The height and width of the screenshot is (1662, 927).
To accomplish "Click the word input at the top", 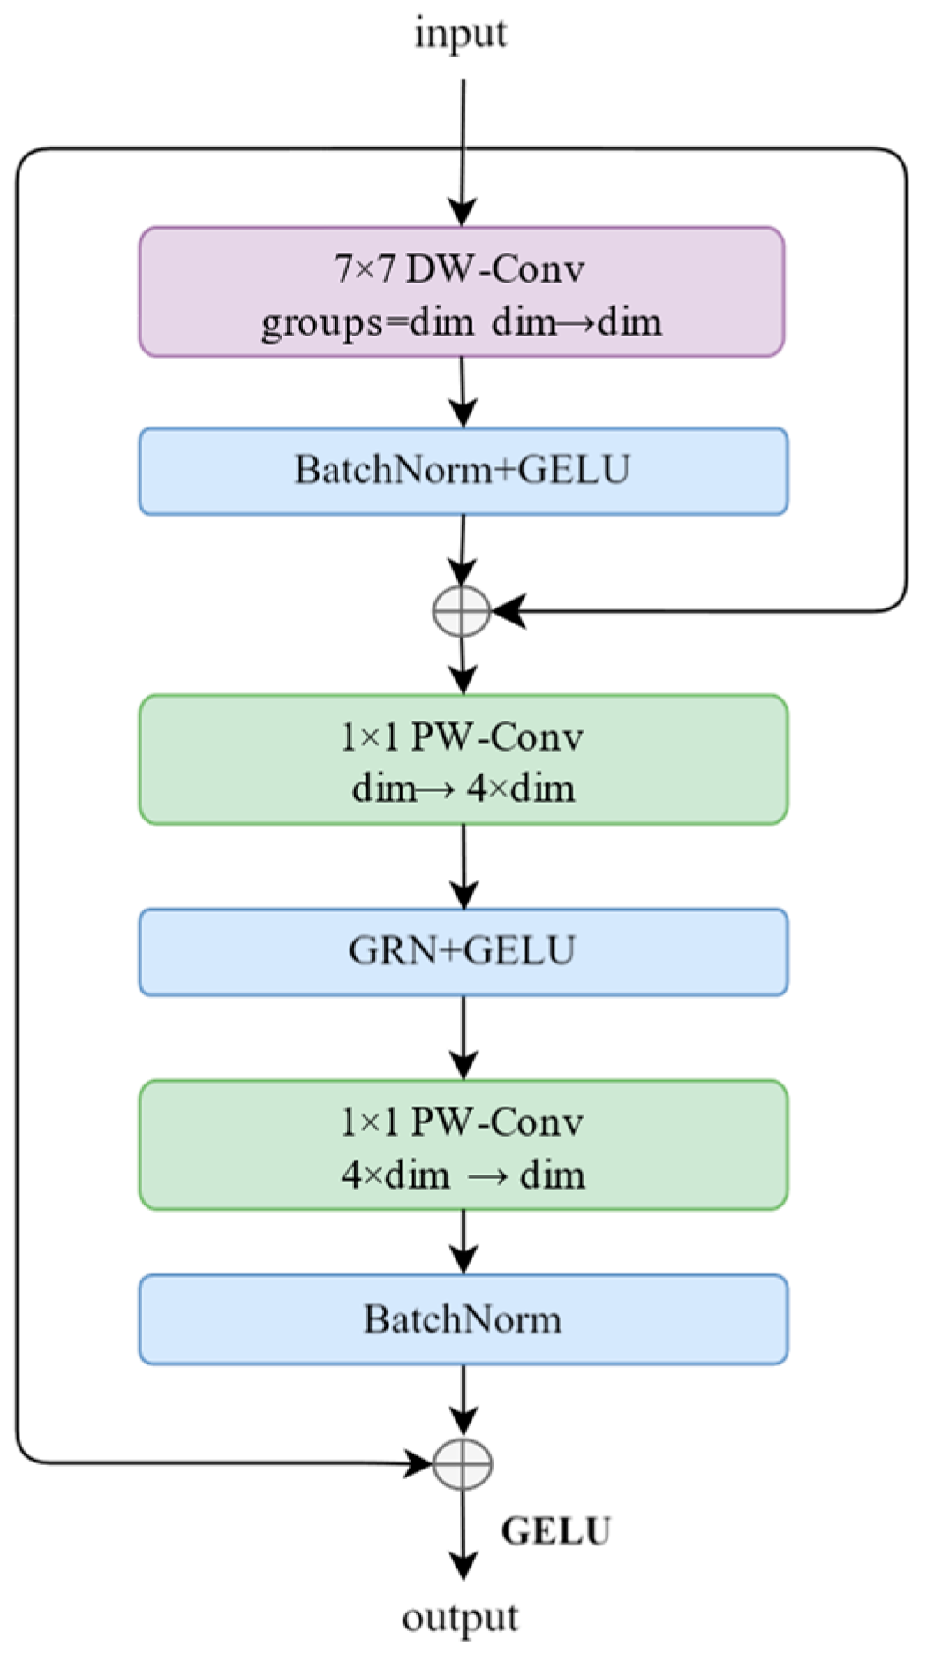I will [x=461, y=34].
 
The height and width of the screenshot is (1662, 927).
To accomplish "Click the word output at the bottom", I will [x=460, y=1618].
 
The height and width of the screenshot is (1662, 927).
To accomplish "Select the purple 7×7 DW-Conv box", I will [x=462, y=292].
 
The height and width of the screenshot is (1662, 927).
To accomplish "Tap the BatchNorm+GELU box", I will [x=463, y=471].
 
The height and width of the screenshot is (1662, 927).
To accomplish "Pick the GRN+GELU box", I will [x=463, y=951].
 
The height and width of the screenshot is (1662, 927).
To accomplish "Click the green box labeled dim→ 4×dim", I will [x=463, y=759].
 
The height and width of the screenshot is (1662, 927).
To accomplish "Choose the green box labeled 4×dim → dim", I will [x=463, y=1145].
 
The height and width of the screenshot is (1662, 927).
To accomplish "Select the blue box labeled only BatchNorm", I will [x=463, y=1319].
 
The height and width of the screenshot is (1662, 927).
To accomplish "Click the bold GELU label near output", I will [x=555, y=1531].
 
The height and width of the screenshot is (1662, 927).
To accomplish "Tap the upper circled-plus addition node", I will [x=462, y=610].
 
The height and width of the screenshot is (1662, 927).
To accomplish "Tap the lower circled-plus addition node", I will [x=463, y=1463].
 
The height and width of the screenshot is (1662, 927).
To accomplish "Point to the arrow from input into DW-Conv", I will [x=463, y=150].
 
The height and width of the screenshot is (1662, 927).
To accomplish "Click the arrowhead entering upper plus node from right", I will [x=509, y=610].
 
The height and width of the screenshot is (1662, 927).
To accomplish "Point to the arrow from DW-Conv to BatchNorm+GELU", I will [x=463, y=392].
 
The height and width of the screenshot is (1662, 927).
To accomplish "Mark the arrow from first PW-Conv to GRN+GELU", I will [x=463, y=865].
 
